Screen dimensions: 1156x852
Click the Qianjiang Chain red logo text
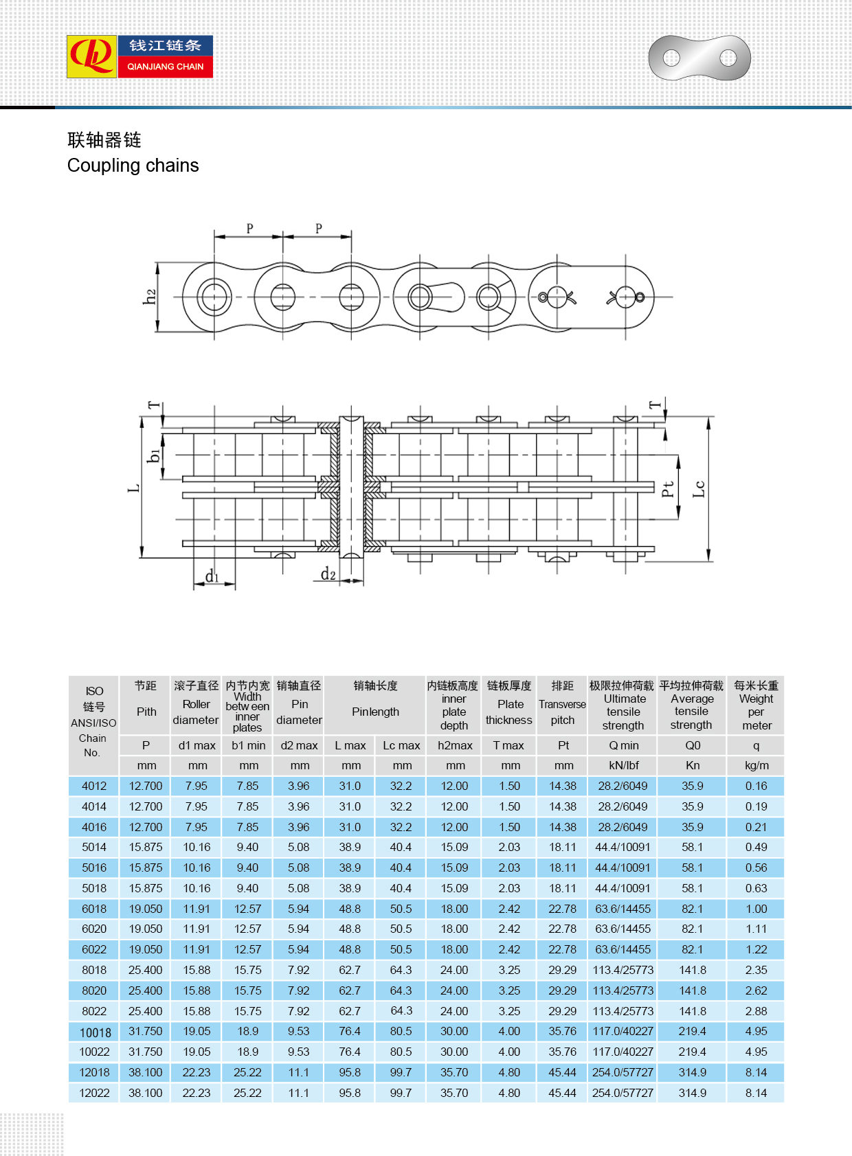click(x=165, y=67)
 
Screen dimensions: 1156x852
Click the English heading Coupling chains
click(x=133, y=166)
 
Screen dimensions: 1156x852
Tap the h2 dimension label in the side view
click(x=150, y=297)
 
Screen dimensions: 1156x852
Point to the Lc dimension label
click(x=699, y=489)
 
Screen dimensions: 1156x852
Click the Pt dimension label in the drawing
click(x=667, y=489)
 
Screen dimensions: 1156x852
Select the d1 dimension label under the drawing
click(x=212, y=576)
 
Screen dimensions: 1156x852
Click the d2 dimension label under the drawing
click(x=328, y=574)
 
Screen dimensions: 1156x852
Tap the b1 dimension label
click(x=154, y=455)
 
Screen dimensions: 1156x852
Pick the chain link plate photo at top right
click(x=699, y=58)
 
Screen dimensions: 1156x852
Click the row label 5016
click(x=94, y=868)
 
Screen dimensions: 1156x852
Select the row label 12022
click(x=94, y=1093)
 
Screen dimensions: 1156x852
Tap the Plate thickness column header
click(x=509, y=712)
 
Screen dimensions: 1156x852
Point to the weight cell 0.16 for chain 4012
click(x=756, y=786)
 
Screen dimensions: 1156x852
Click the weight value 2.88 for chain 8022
click(x=756, y=1011)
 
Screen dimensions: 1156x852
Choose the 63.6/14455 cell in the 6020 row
click(x=623, y=929)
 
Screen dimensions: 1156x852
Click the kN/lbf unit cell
click(x=623, y=766)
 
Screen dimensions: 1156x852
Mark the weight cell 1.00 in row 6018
click(x=756, y=909)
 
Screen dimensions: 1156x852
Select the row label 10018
click(x=95, y=1032)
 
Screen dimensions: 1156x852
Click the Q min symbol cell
click(x=623, y=746)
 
